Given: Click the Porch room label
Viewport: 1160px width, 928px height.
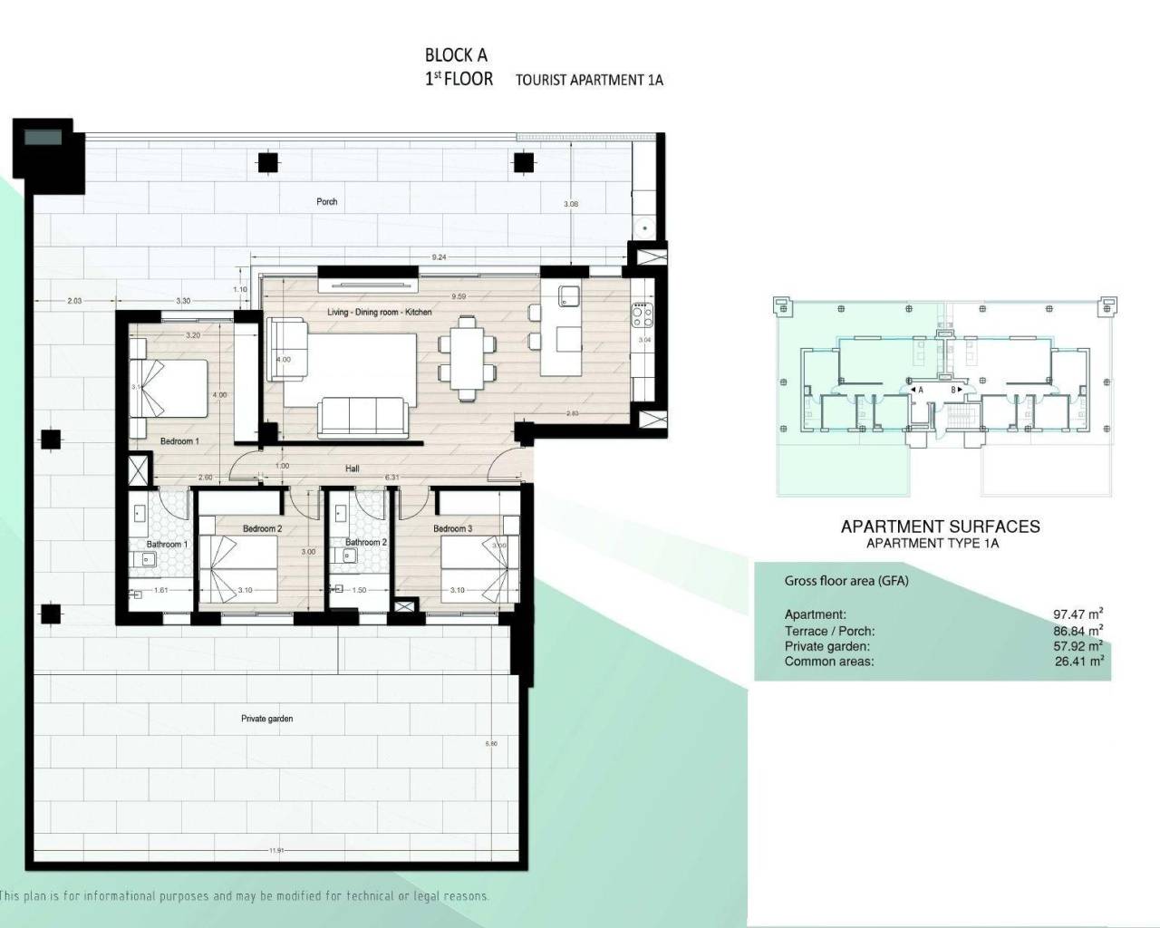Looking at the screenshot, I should click(x=326, y=201).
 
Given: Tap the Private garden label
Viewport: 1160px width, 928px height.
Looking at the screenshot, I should click(x=266, y=719).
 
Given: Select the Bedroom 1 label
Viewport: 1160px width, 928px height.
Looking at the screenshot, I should click(x=179, y=441).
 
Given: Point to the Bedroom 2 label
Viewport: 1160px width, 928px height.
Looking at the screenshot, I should click(x=262, y=528).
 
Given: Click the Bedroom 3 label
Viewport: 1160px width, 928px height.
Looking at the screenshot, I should click(x=452, y=528).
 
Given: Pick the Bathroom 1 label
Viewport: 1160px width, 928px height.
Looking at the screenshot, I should click(x=167, y=544).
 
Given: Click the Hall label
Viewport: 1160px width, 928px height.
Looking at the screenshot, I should click(x=352, y=469).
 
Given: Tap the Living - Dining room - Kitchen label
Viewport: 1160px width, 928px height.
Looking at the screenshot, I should click(x=379, y=312).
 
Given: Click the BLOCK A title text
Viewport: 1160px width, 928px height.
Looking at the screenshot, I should click(x=456, y=55).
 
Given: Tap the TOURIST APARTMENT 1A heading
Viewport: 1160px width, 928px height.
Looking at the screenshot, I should click(x=589, y=80).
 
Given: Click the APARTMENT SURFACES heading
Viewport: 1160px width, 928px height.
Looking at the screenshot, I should click(x=940, y=527).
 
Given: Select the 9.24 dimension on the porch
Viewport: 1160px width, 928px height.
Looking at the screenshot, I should click(x=439, y=257).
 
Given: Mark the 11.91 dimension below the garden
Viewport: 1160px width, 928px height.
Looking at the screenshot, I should click(x=276, y=850).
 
